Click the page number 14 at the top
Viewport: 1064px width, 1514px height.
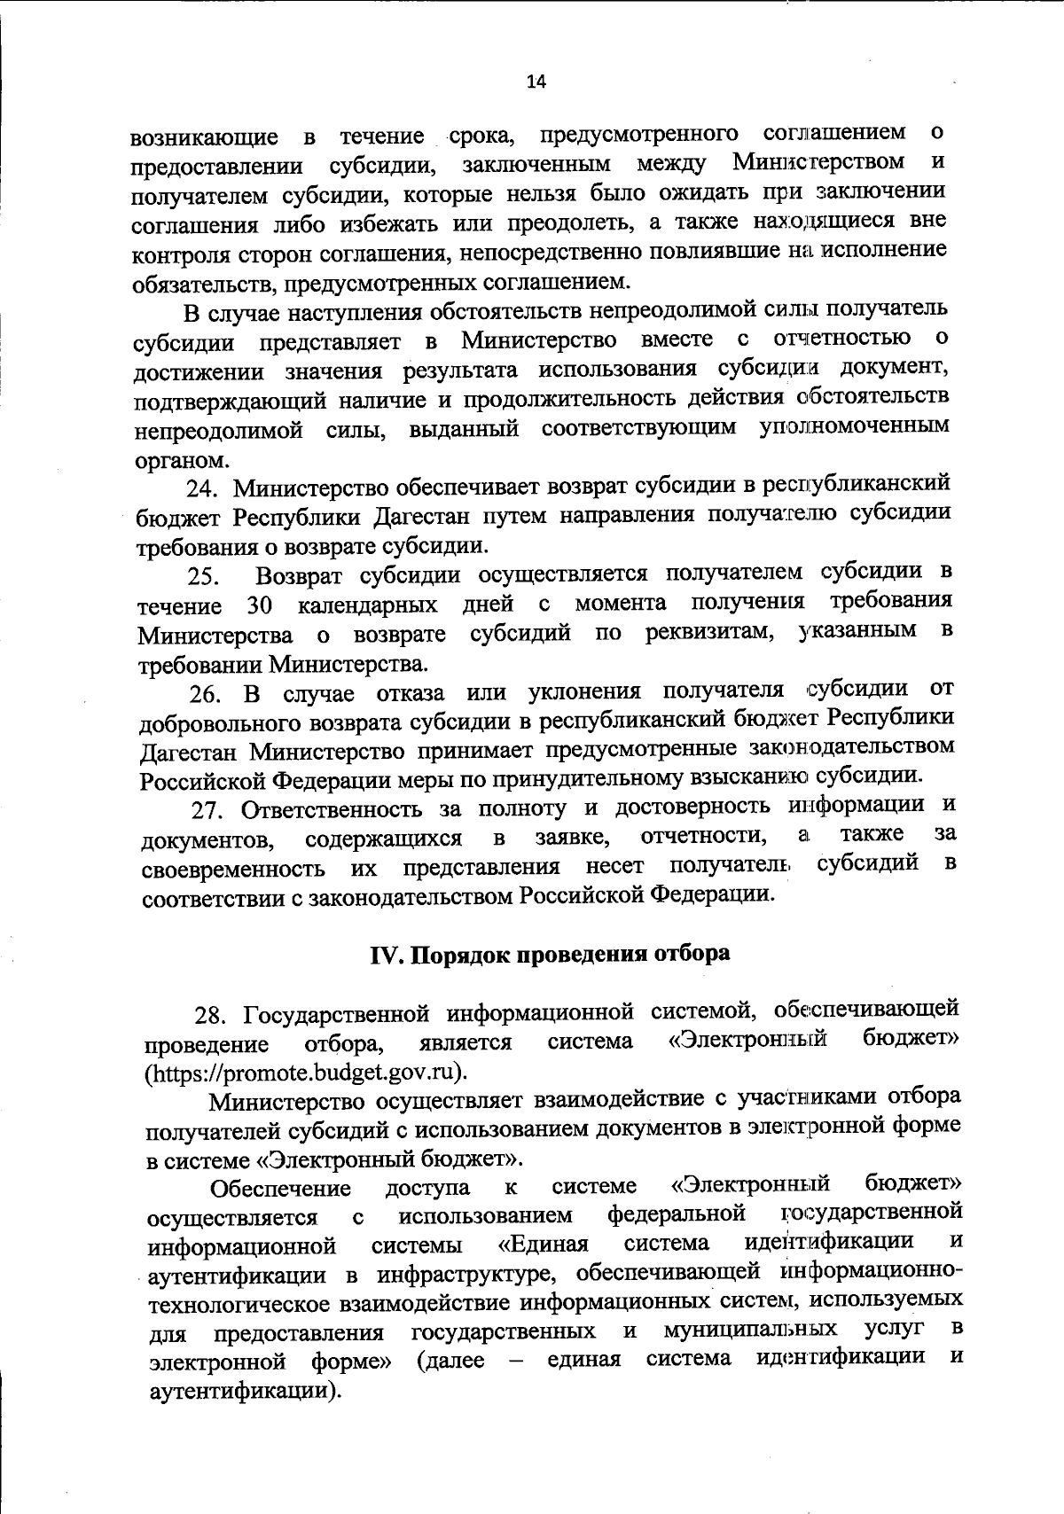[x=536, y=82]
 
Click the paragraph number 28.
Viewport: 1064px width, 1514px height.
[x=212, y=1015]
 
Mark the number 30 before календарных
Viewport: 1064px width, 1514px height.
[x=258, y=607]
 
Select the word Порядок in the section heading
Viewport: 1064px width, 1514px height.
[x=460, y=956]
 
